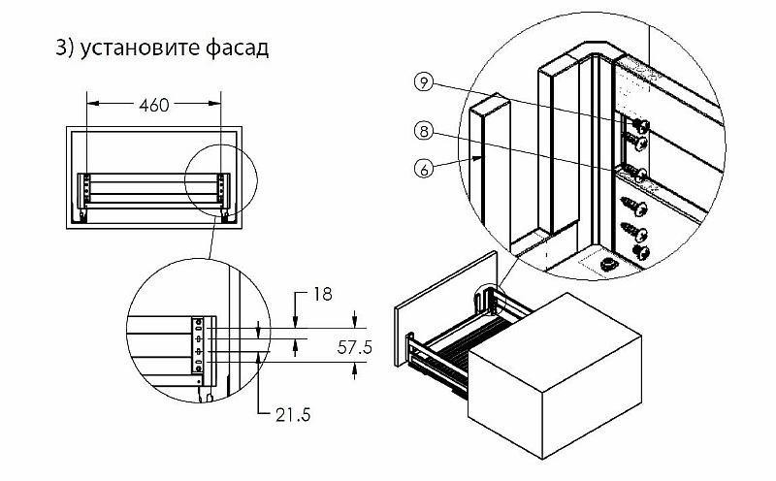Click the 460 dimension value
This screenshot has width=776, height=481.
(154, 105)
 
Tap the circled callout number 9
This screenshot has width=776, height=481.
(423, 82)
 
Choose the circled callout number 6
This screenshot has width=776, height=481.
(423, 169)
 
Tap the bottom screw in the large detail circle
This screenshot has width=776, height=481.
(639, 251)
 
